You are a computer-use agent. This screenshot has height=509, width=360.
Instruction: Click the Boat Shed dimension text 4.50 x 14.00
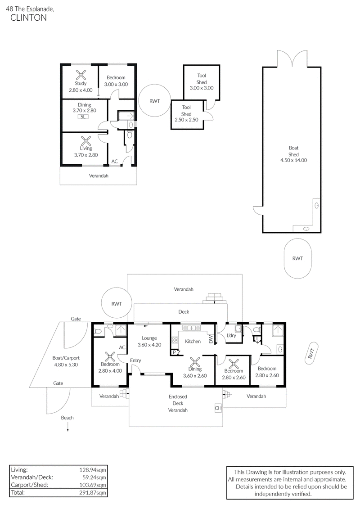[293, 160]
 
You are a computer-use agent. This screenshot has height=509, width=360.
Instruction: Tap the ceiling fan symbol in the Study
[81, 75]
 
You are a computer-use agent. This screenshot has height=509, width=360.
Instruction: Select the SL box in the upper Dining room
[83, 117]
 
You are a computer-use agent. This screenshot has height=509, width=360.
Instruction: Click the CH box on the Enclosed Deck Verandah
[218, 408]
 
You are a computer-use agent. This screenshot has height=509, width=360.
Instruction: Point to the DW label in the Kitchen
[211, 339]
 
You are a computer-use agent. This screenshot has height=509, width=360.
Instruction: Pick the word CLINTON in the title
[28, 18]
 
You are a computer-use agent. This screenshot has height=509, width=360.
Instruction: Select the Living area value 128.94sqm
[93, 470]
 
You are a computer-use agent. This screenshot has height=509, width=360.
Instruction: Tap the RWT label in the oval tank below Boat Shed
[297, 258]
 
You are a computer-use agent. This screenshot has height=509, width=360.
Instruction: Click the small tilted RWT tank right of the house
[311, 352]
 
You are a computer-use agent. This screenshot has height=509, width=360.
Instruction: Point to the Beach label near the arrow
[67, 418]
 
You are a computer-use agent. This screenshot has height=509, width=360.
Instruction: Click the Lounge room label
[149, 338]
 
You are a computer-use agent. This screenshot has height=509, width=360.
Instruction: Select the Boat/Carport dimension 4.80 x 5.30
[66, 365]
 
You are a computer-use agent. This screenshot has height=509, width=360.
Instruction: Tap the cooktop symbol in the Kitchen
[175, 340]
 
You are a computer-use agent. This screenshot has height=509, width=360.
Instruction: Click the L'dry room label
[231, 335]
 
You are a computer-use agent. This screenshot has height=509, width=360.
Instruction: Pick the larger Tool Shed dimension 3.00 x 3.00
[202, 88]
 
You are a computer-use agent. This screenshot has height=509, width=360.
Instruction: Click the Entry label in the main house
[135, 360]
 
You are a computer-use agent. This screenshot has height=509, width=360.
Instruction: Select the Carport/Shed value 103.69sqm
[93, 485]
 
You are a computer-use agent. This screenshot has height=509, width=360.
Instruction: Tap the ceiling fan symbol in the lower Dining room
[195, 363]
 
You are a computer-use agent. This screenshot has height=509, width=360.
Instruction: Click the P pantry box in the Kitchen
[174, 352]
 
